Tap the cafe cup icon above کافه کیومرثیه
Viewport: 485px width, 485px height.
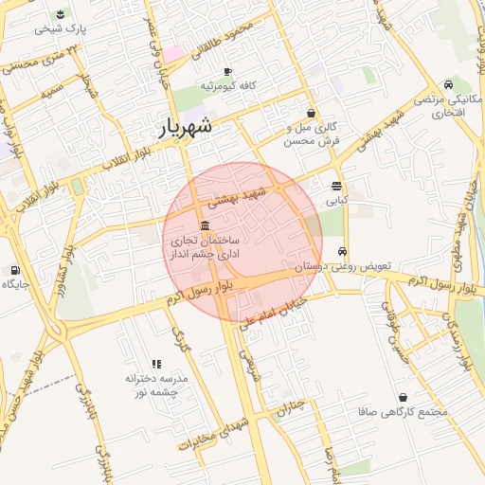[x=227, y=72]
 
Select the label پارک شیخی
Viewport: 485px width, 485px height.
[x=61, y=29]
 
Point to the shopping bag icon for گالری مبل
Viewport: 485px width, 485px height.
[x=311, y=113]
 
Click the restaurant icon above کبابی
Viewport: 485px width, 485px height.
[x=337, y=186]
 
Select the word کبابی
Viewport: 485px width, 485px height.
[x=337, y=201]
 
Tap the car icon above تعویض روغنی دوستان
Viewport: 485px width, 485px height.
[x=341, y=253]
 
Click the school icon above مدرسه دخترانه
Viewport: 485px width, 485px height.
[x=157, y=364]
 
